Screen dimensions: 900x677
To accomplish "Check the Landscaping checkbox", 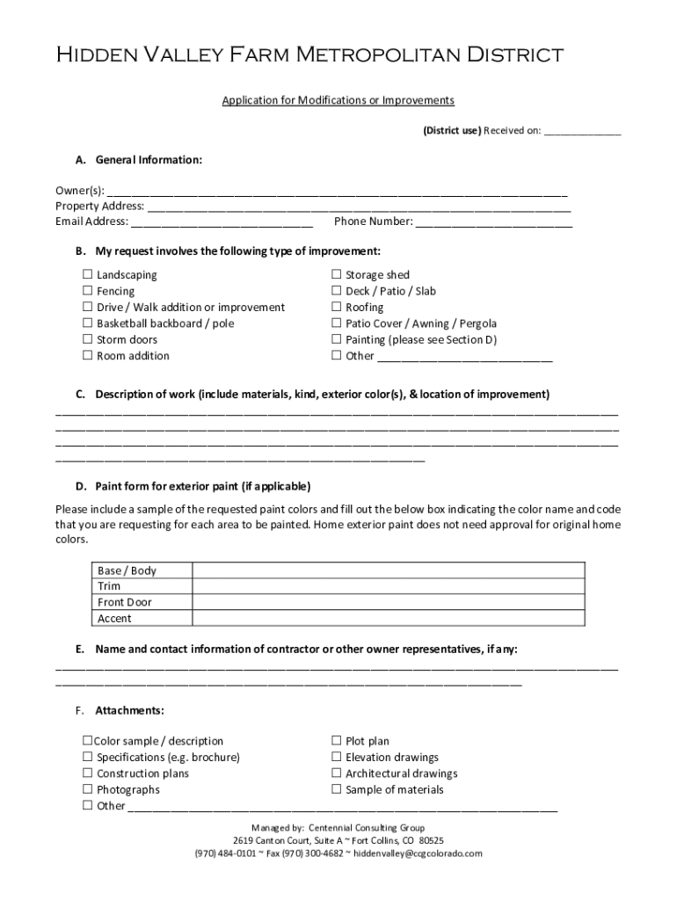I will (88, 275).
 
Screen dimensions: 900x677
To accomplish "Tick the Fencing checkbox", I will (88, 291).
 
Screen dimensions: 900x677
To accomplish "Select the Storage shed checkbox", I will (337, 275).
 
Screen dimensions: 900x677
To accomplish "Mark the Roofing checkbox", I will (337, 308).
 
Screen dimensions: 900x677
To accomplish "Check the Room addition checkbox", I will (88, 356).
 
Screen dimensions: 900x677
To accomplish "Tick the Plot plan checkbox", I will (337, 741).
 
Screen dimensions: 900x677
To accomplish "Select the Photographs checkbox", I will (88, 789).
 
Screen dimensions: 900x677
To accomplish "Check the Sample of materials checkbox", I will (337, 789).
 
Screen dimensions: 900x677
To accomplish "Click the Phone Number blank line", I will (493, 223).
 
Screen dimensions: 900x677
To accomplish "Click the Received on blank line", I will (582, 132).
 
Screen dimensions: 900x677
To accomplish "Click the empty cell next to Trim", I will (387, 586).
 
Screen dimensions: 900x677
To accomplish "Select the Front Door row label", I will (124, 602).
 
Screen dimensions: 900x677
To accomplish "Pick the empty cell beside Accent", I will (387, 619).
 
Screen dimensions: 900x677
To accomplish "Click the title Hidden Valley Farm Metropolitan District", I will (309, 56).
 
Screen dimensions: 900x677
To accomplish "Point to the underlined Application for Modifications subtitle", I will (338, 100).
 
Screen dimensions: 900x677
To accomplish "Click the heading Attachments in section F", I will (129, 710).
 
